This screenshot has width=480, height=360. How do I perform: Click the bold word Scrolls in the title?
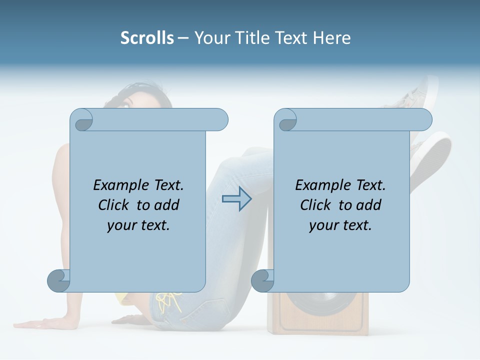(147, 38)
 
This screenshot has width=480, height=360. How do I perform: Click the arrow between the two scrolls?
(236, 198)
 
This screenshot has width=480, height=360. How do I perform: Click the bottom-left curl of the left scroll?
(59, 280)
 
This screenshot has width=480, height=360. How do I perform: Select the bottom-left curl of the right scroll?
(262, 280)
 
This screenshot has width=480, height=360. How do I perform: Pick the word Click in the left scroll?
(115, 205)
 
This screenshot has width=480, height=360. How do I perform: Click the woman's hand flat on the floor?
(37, 323)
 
